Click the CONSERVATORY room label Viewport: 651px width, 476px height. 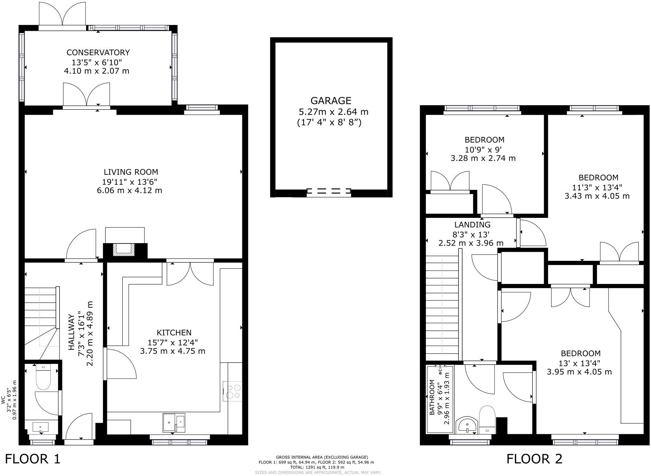click(98, 53)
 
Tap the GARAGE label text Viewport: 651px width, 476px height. click(331, 101)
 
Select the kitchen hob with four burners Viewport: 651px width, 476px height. click(232, 391)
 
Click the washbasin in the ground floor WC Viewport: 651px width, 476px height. click(40, 427)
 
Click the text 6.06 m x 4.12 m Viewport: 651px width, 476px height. click(129, 191)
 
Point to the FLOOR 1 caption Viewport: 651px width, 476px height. click(32, 459)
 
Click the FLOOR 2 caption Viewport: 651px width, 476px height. click(534, 459)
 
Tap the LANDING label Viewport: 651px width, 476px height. click(472, 225)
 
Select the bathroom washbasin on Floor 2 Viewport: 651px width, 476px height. click(467, 425)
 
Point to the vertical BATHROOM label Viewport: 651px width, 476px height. click(432, 397)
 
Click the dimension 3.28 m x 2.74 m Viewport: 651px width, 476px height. click(483, 158)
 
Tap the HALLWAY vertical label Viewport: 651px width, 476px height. click(72, 332)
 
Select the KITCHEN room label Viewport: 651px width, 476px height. click(174, 333)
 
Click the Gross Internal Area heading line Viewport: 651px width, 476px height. click(322, 457)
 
